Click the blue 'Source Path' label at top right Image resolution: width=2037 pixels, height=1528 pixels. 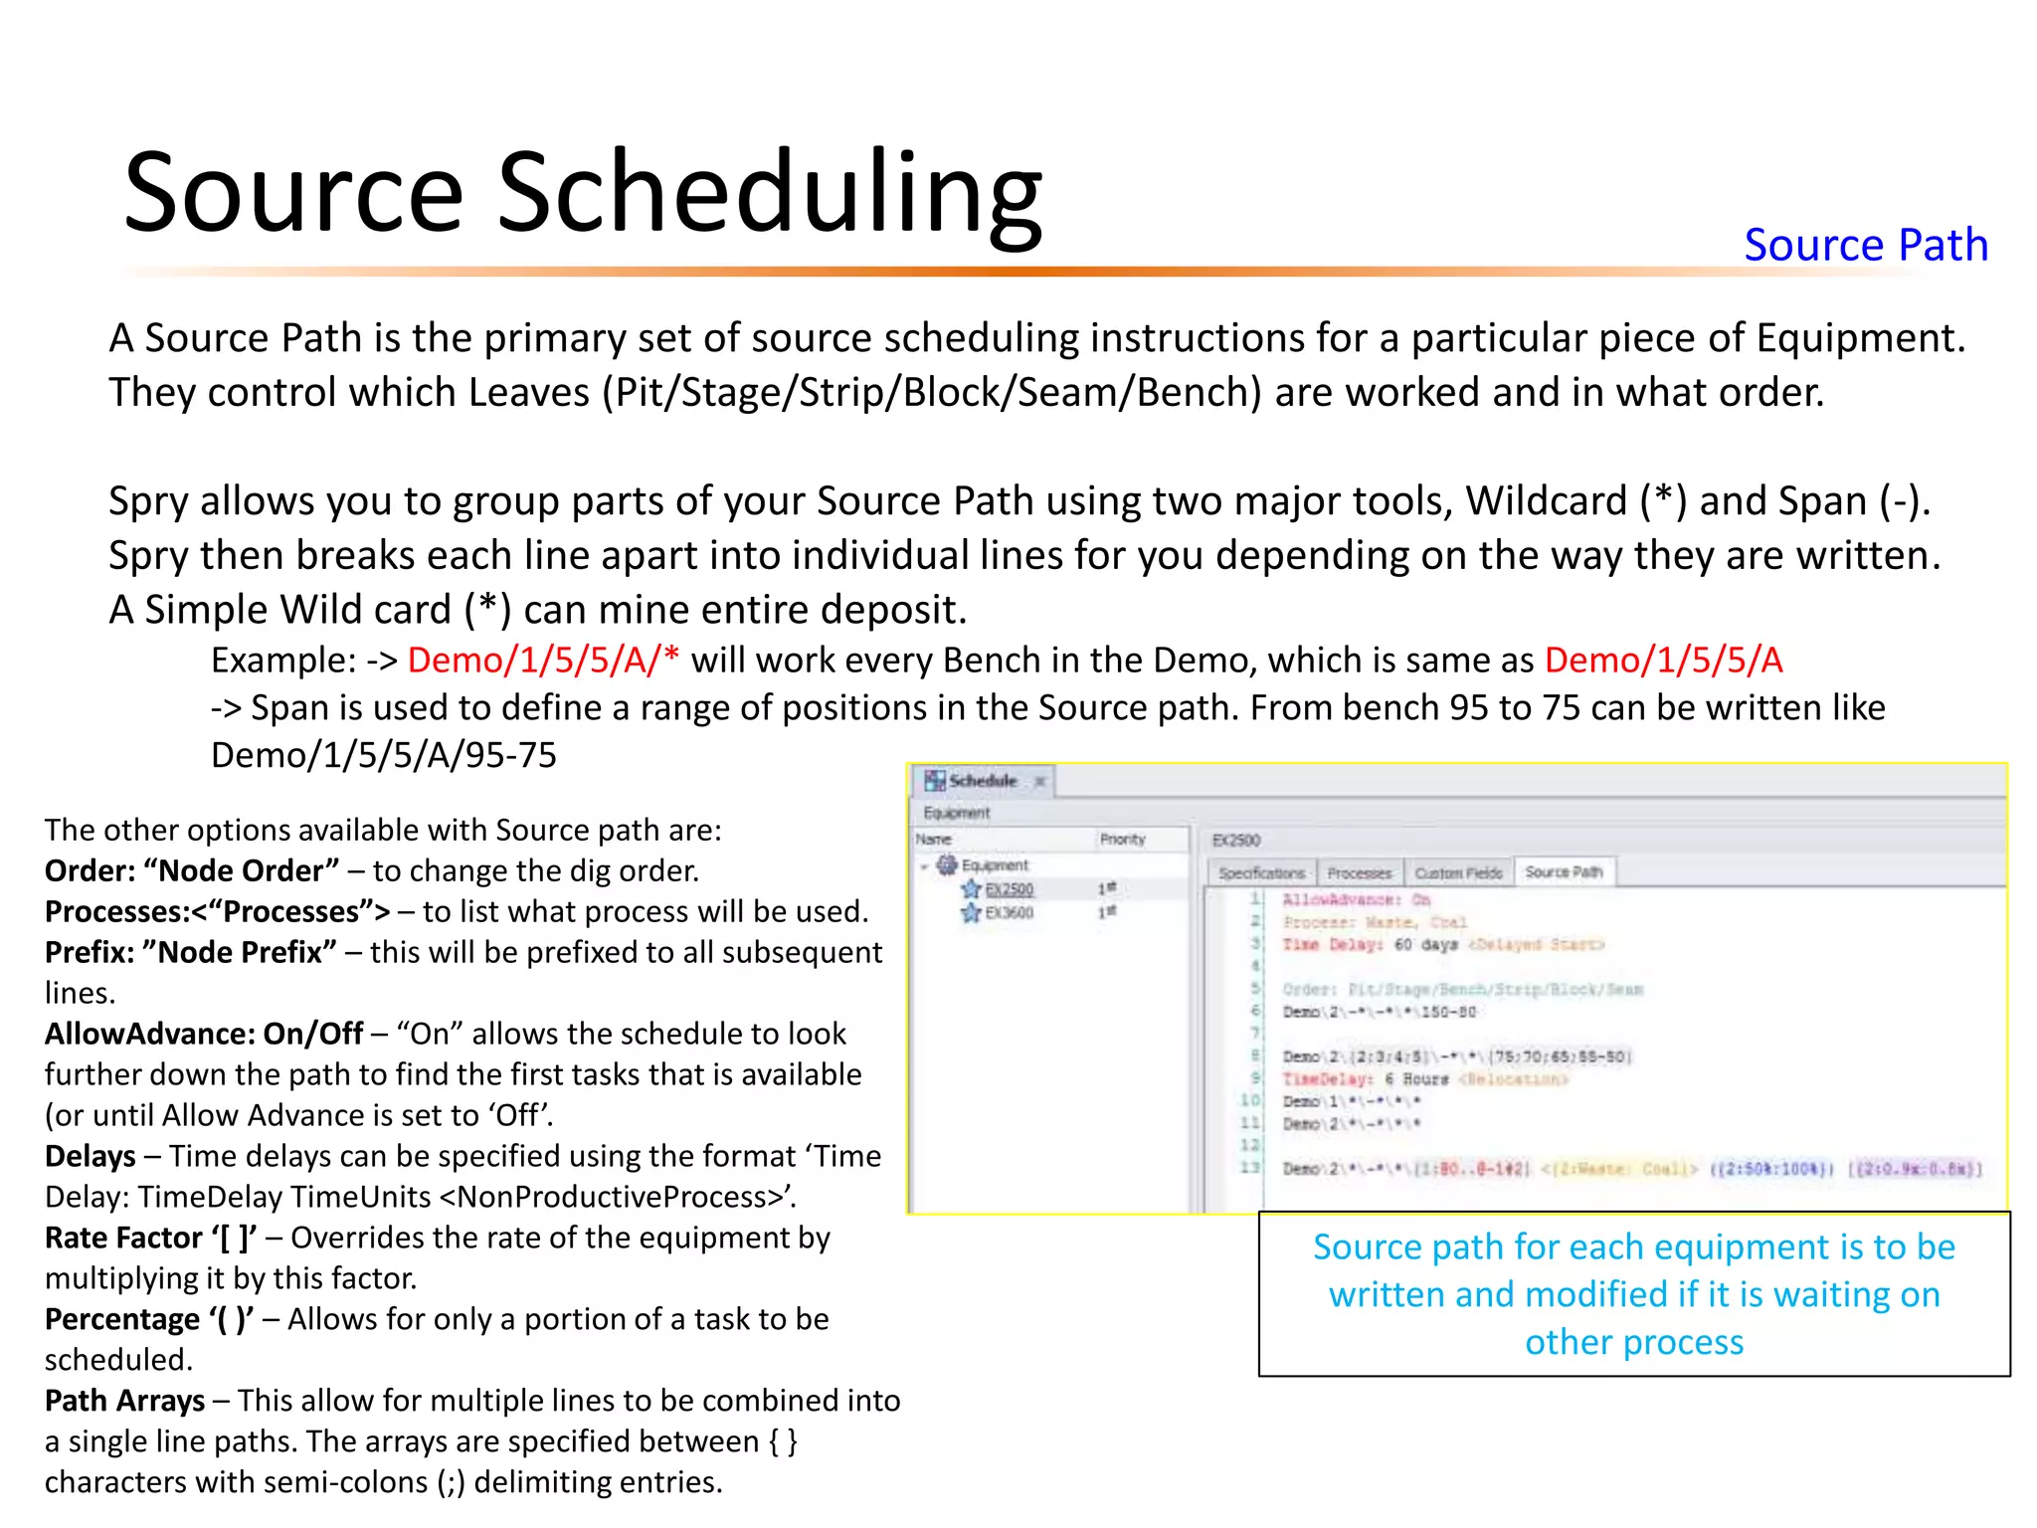click(x=1865, y=245)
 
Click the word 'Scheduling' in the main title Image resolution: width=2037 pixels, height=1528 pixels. click(x=769, y=193)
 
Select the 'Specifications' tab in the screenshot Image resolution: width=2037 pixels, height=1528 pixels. click(x=1260, y=873)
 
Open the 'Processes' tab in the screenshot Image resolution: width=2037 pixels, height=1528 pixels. click(x=1359, y=873)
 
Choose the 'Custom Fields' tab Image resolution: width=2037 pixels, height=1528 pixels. click(x=1458, y=873)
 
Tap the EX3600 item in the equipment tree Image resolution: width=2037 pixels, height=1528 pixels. click(x=1009, y=912)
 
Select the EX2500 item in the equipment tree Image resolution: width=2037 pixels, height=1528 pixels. click(x=1009, y=889)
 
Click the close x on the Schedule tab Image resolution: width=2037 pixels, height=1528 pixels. click(x=1039, y=781)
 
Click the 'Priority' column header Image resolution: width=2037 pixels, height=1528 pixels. click(x=1122, y=840)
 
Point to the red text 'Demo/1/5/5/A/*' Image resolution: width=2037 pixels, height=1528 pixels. click(x=543, y=661)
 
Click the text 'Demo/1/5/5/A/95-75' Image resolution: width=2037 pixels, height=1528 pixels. click(x=383, y=755)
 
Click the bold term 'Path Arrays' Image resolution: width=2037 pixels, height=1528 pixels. click(x=124, y=1401)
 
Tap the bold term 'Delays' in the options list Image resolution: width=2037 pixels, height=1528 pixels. click(x=90, y=1156)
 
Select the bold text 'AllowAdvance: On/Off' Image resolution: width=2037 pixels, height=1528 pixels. click(x=204, y=1034)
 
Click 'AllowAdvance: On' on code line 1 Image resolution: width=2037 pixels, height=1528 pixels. click(x=1355, y=899)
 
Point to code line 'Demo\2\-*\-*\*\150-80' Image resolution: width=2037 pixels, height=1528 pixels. click(x=1379, y=1012)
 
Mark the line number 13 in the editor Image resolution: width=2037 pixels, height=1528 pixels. click(x=1249, y=1167)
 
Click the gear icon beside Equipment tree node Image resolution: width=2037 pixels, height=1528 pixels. click(x=947, y=865)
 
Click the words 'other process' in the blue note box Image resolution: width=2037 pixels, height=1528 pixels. click(x=1633, y=1342)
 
